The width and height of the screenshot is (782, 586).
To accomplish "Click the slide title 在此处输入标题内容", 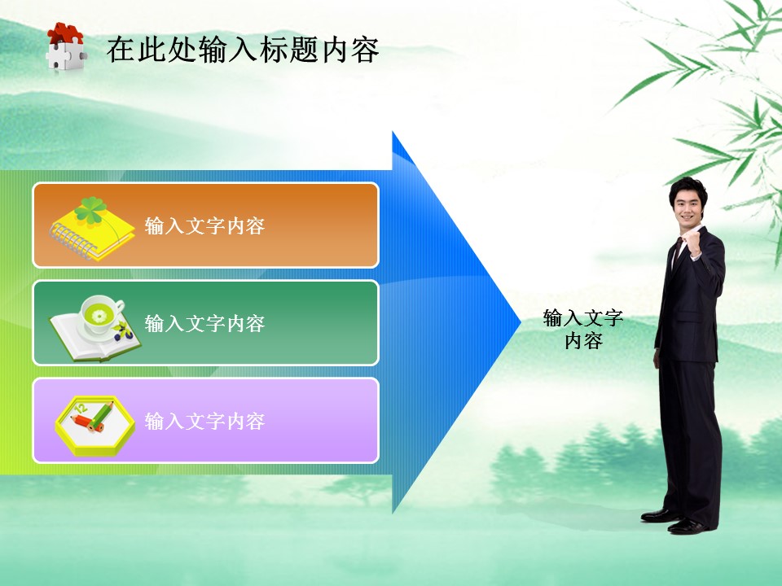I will [243, 50].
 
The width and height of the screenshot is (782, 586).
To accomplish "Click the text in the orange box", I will [204, 226].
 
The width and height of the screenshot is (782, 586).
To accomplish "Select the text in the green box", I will [204, 324].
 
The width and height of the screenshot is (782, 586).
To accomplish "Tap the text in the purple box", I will [204, 422].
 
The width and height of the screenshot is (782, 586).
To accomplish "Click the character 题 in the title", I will [310, 50].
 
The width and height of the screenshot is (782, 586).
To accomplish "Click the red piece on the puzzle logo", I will [63, 33].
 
